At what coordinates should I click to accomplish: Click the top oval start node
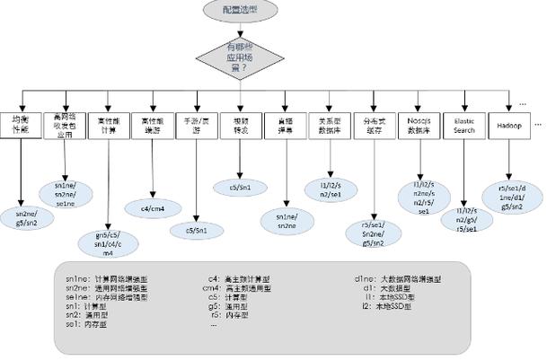[x=241, y=10]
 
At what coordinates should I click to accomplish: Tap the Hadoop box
[x=509, y=126]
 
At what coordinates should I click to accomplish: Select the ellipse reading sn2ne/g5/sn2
[x=20, y=217]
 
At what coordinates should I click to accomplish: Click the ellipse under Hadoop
[x=511, y=197]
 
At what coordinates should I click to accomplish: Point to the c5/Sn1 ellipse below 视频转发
[x=241, y=187]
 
